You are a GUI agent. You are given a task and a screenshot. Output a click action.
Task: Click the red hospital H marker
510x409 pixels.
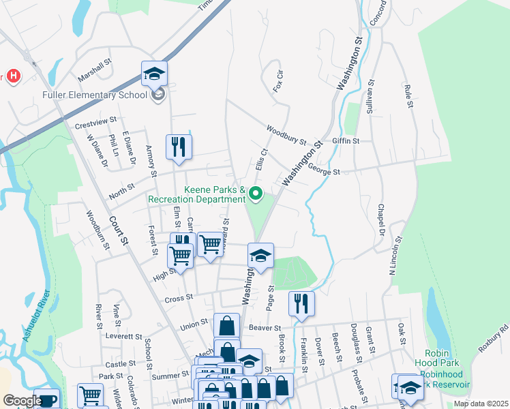tap(13, 75)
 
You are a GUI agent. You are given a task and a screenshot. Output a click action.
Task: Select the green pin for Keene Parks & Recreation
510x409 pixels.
tap(256, 194)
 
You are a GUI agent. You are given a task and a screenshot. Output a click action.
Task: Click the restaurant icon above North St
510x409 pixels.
tap(179, 147)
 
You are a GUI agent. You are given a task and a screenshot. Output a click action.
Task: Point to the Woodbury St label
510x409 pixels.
tap(286, 134)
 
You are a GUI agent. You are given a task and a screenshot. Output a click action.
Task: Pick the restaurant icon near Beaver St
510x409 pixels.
tap(301, 304)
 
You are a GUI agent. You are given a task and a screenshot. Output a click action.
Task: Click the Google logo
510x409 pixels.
tap(22, 401)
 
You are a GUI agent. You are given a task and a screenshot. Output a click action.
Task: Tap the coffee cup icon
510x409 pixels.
tap(46, 399)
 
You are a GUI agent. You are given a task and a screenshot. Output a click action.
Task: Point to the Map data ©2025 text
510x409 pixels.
tap(480, 404)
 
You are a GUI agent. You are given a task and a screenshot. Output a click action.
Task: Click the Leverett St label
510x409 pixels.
tap(125, 337)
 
